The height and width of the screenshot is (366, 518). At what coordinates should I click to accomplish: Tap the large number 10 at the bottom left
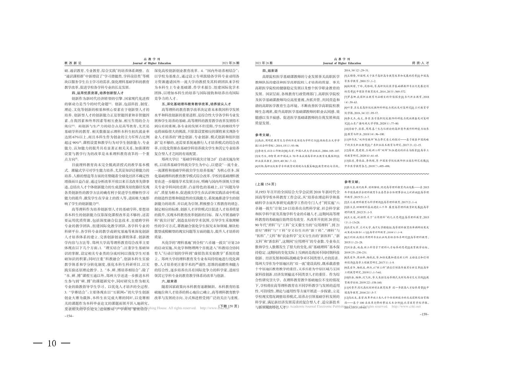[52, 344]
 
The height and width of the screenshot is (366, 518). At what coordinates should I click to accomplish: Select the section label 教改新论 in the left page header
[73, 63]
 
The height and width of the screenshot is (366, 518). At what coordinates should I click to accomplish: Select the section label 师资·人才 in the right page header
[420, 63]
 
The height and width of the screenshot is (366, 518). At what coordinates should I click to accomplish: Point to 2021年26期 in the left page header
[231, 63]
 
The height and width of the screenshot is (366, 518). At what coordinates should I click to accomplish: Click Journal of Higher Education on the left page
[152, 63]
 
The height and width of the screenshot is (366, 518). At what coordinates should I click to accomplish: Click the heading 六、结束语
[169, 281]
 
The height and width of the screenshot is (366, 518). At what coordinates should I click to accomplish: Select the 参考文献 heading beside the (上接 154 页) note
[352, 182]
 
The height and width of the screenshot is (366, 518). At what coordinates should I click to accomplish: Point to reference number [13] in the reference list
[346, 161]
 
